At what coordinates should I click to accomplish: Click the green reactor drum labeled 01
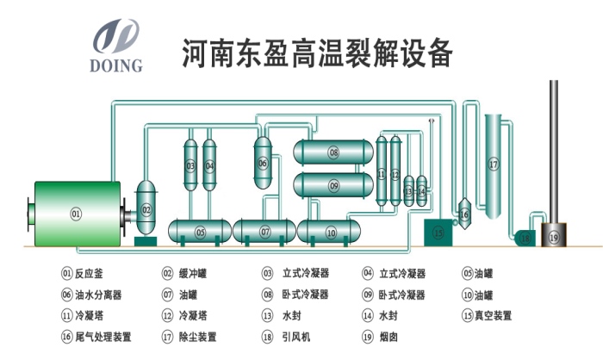pyautogui.click(x=76, y=213)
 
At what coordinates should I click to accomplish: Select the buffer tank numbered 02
pyautogui.click(x=146, y=208)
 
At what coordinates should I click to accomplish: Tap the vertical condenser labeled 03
pyautogui.click(x=191, y=164)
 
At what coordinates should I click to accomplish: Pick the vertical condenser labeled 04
pyautogui.click(x=209, y=164)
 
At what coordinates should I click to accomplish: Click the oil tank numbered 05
pyautogui.click(x=200, y=232)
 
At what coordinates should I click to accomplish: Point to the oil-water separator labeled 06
pyautogui.click(x=263, y=161)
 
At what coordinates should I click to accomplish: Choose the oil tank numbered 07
pyautogui.click(x=265, y=232)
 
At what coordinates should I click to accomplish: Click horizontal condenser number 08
pyautogui.click(x=333, y=152)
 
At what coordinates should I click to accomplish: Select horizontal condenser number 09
pyautogui.click(x=333, y=185)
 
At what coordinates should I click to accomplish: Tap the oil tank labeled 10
pyautogui.click(x=331, y=232)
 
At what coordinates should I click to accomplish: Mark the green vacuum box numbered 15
pyautogui.click(x=438, y=231)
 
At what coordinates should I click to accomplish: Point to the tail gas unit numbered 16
pyautogui.click(x=463, y=213)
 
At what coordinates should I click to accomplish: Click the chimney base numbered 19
pyautogui.click(x=553, y=236)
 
